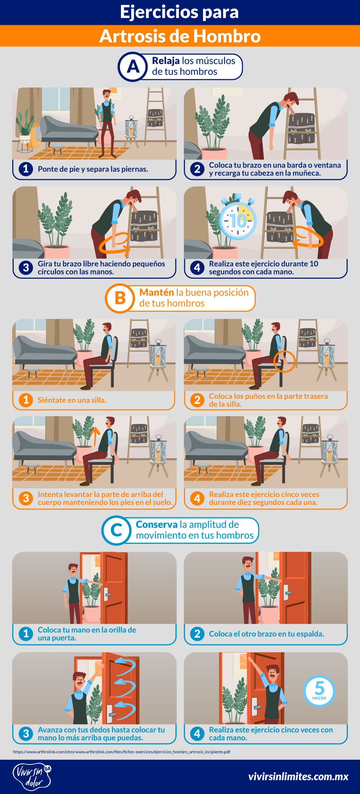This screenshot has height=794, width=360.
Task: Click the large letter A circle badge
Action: tap(133, 67)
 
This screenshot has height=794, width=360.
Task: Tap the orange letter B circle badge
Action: tap(120, 298)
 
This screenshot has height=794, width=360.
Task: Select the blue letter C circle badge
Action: tap(116, 530)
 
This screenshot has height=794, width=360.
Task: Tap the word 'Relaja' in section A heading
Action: tap(166, 61)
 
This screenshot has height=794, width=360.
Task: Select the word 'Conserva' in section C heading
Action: tap(157, 524)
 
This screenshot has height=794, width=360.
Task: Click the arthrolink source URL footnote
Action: tap(122, 752)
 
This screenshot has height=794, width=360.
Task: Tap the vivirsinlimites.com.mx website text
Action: tap(298, 776)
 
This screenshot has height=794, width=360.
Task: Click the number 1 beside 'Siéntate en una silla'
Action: tap(26, 400)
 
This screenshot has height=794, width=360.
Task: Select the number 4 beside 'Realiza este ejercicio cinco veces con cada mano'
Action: tap(197, 734)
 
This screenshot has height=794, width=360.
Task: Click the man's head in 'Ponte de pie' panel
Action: tap(106, 95)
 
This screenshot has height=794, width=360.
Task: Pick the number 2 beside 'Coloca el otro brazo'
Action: tap(197, 634)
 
